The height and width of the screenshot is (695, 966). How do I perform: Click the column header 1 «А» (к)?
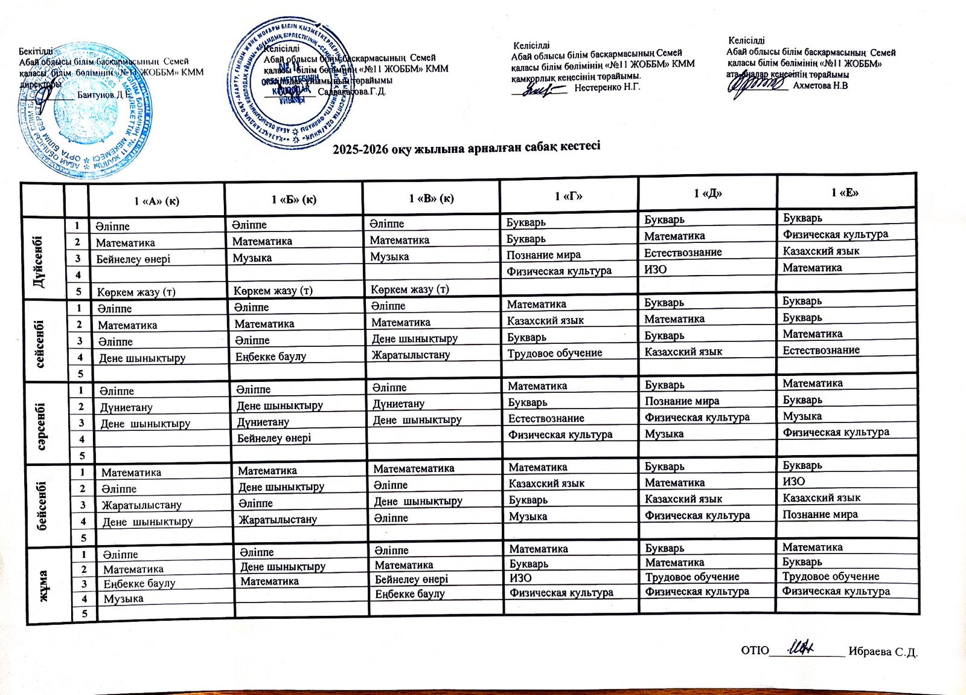[156, 201]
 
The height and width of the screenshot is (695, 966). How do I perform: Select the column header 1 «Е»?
[845, 193]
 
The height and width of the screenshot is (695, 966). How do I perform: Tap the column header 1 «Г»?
[569, 196]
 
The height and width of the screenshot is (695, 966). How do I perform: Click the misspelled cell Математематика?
[414, 468]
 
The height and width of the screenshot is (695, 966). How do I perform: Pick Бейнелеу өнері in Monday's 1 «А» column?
[133, 259]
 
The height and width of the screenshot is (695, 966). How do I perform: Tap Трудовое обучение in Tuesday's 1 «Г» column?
[554, 353]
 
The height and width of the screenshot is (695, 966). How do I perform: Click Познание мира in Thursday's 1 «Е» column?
[820, 514]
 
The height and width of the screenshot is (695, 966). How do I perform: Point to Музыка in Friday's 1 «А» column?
[123, 599]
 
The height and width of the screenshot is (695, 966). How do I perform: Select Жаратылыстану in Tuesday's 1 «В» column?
[411, 355]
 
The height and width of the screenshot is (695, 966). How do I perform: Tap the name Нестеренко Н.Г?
[607, 88]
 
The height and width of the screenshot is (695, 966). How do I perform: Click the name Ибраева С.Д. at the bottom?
[883, 651]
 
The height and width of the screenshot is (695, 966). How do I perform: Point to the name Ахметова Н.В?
[820, 86]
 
